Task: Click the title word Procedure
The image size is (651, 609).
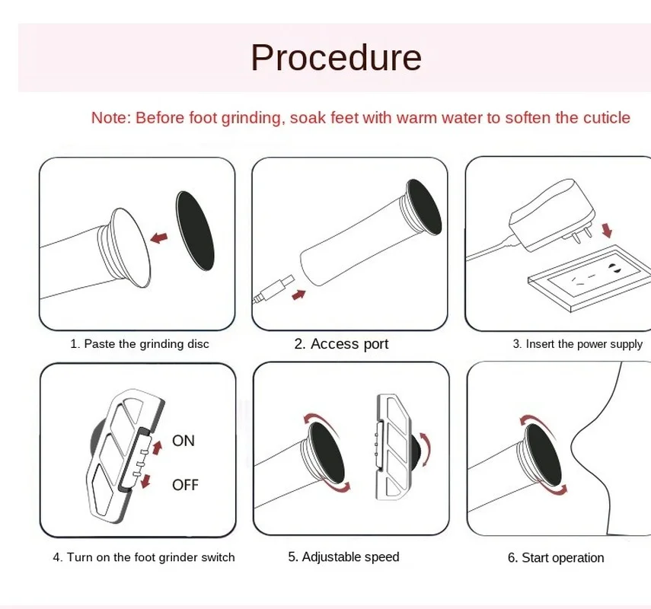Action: pyautogui.click(x=336, y=57)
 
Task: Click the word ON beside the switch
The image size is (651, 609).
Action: pyautogui.click(x=183, y=440)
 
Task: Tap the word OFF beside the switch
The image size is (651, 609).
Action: pyautogui.click(x=185, y=484)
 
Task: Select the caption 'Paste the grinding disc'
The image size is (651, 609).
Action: pyautogui.click(x=139, y=344)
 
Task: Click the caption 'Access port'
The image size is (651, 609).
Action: pyautogui.click(x=341, y=344)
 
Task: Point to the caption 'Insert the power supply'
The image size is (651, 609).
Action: pyautogui.click(x=577, y=344)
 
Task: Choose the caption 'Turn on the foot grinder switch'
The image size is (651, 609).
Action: pyautogui.click(x=144, y=557)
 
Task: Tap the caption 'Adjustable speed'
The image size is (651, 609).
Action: pyautogui.click(x=343, y=556)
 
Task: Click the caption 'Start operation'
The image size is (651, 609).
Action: pyautogui.click(x=556, y=558)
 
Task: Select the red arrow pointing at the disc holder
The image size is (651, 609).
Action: pyautogui.click(x=161, y=238)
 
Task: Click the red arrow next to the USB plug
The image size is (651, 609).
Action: pyautogui.click(x=301, y=292)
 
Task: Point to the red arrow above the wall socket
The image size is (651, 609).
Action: pyautogui.click(x=607, y=228)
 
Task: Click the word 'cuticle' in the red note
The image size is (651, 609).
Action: pyautogui.click(x=605, y=117)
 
